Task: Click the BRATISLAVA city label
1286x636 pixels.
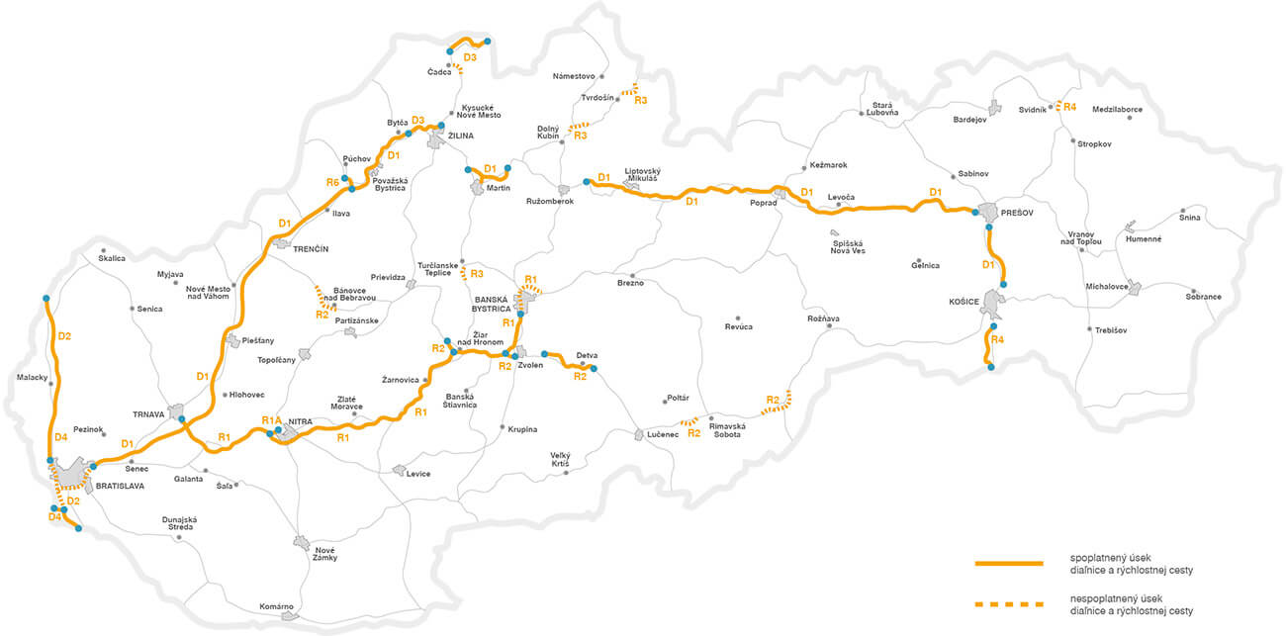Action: click(121, 487)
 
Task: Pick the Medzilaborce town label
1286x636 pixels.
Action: click(1118, 109)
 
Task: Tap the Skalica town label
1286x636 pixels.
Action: click(113, 258)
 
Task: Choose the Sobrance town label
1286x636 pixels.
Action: click(1204, 297)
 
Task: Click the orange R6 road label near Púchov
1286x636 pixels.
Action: click(332, 183)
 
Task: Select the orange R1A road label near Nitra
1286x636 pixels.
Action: click(272, 421)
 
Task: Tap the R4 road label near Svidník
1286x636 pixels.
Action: click(1069, 105)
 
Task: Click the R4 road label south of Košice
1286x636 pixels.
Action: click(997, 340)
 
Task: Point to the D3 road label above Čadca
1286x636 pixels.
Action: click(470, 58)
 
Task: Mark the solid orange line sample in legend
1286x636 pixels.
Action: click(1009, 563)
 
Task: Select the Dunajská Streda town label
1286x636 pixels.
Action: click(180, 524)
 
